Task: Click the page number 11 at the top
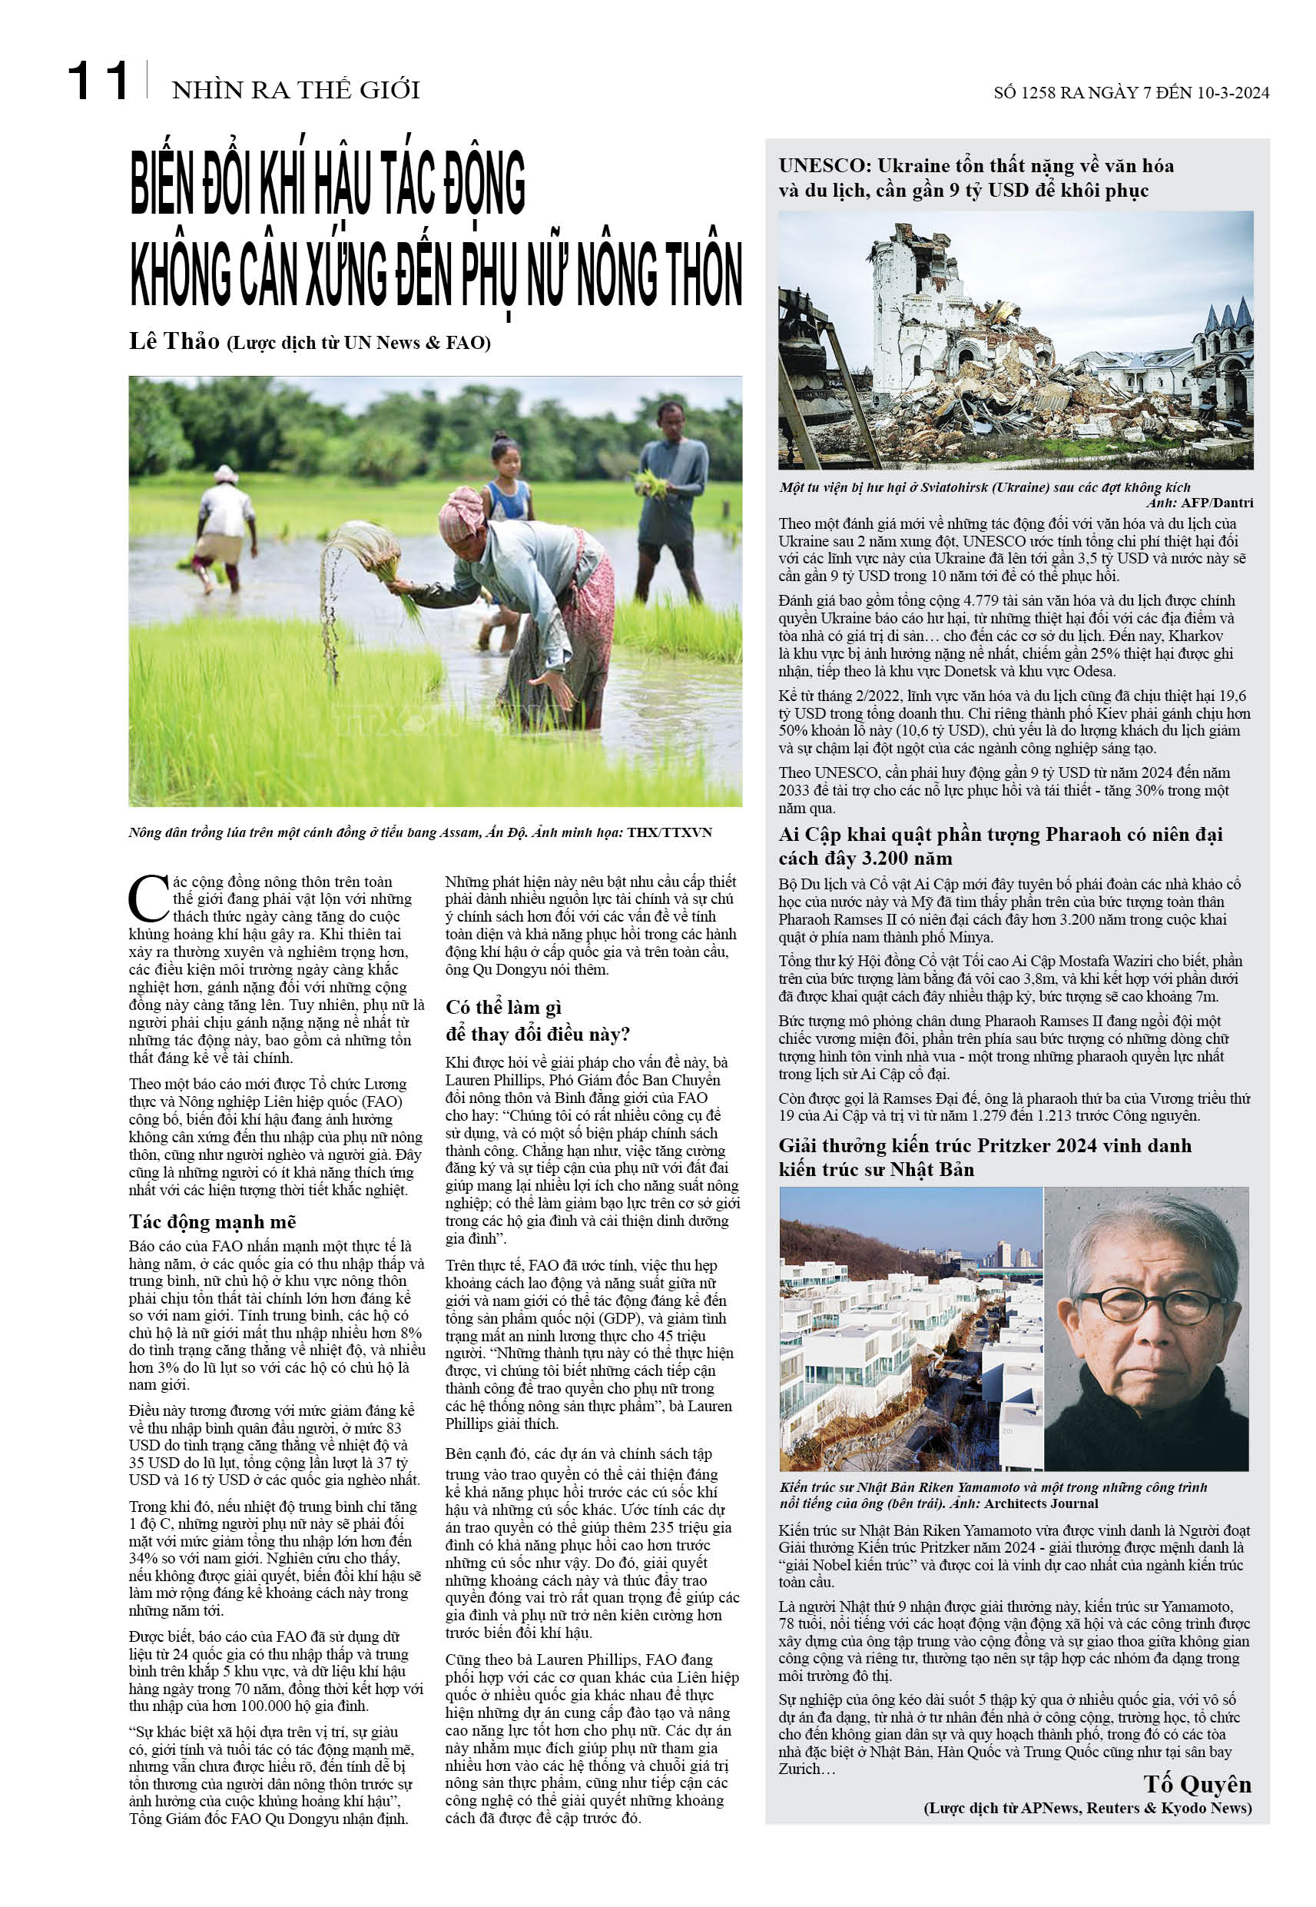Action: point(98,81)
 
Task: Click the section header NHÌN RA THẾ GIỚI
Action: point(295,90)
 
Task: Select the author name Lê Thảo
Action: point(174,341)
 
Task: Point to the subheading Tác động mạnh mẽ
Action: point(212,1221)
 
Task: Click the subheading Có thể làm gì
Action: point(503,1007)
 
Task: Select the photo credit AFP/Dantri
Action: point(1216,503)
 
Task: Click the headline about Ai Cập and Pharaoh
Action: point(999,846)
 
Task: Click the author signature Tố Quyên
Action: point(1196,1784)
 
